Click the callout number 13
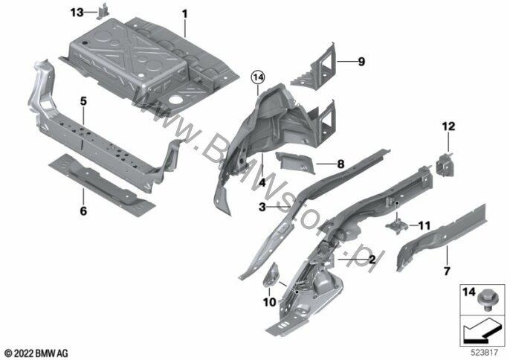[77, 13]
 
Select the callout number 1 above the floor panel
[184, 14]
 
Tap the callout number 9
[361, 62]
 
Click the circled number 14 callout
[258, 78]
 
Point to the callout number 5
[83, 101]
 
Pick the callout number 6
[83, 211]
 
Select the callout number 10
[269, 302]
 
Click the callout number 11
[424, 225]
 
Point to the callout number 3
[262, 207]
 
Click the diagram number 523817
[485, 353]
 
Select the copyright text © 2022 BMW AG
[36, 353]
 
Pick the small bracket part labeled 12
[445, 164]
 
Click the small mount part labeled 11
[397, 225]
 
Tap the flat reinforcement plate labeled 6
[101, 184]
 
